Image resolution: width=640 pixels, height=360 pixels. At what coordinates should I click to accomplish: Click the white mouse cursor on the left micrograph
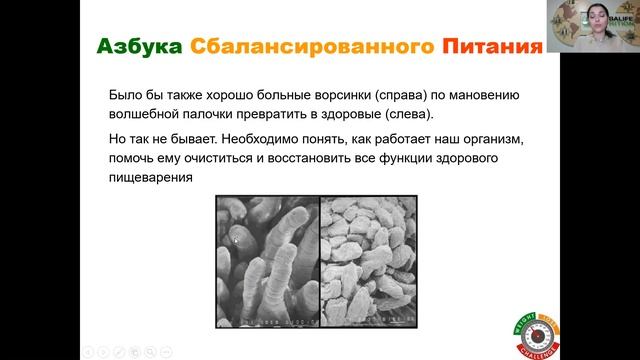[236, 240]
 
